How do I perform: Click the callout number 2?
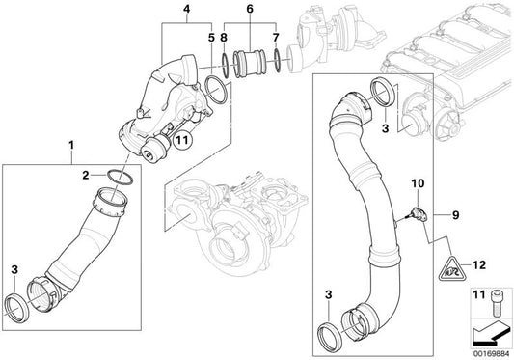point(85,175)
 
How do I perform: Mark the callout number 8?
point(224,38)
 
